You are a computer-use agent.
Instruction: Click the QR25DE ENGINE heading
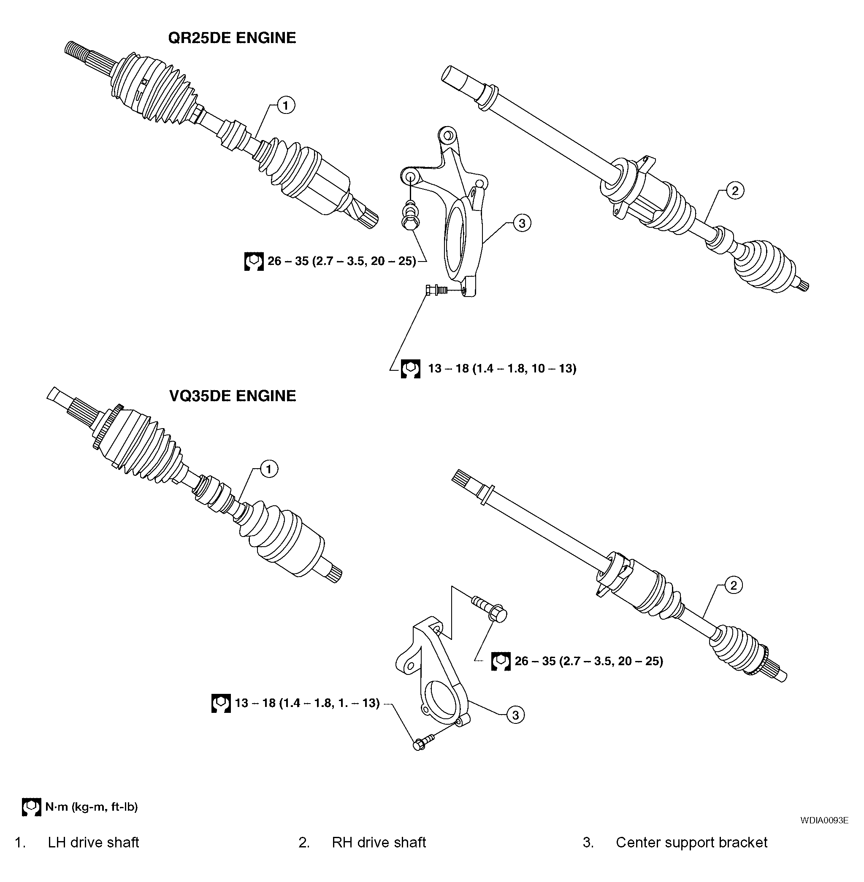pos(232,38)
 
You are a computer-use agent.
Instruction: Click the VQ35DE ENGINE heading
pos(232,396)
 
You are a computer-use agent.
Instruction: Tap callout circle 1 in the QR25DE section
pos(285,105)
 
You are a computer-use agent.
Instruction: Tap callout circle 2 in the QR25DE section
pos(735,191)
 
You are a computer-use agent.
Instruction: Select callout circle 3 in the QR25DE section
pos(521,223)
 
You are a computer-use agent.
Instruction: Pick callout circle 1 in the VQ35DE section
pos(268,469)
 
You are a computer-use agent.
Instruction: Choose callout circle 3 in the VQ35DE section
pos(515,715)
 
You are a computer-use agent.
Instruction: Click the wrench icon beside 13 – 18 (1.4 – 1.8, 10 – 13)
pos(410,369)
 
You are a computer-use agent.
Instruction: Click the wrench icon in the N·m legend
pos(31,807)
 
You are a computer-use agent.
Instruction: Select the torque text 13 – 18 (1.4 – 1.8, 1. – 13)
pos(307,703)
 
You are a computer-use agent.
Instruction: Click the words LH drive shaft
pos(93,842)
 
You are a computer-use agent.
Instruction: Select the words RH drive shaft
pos(379,842)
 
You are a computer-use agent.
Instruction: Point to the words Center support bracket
pos(691,842)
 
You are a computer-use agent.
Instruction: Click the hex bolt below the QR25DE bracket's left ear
pos(410,215)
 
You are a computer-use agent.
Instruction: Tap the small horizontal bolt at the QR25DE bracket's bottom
pos(436,289)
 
